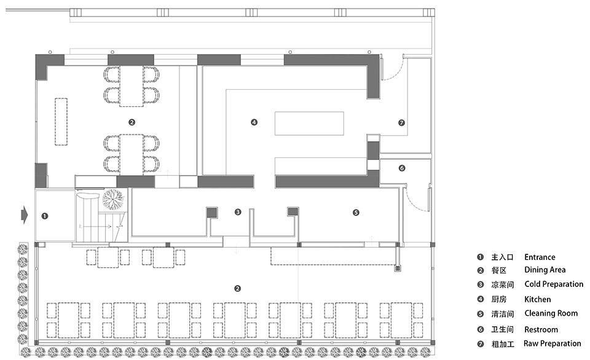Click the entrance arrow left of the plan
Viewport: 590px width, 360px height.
point(25,216)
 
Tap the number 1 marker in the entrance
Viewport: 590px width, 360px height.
point(45,216)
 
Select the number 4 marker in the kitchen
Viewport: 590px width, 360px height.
point(254,122)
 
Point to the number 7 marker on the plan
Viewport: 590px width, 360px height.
point(401,123)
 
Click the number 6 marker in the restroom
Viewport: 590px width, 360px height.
point(402,168)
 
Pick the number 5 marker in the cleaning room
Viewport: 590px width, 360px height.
point(356,213)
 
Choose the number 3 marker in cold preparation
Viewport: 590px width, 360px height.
point(238,212)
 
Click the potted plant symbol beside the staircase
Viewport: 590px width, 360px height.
point(113,198)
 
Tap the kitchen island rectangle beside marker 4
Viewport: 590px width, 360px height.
point(309,123)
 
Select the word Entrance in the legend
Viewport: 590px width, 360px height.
point(540,257)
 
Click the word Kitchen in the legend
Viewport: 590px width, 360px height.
point(537,299)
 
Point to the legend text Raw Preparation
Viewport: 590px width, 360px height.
point(552,343)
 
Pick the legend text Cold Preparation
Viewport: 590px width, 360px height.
point(554,284)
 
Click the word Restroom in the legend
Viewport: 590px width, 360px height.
point(541,329)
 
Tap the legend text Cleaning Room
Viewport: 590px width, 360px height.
point(551,313)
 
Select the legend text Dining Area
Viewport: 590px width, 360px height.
point(545,270)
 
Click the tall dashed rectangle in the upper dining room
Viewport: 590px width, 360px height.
point(61,122)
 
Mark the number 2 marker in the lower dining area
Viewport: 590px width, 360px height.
point(237,289)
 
